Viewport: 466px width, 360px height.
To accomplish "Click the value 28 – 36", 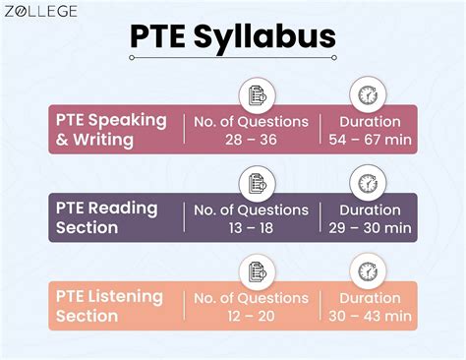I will coord(251,141).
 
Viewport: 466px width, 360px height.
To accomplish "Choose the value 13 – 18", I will coord(251,228).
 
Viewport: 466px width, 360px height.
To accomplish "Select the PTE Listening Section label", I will coord(108,306).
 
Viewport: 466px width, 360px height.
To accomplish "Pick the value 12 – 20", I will coord(251,316).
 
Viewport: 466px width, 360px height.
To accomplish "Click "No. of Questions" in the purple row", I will coord(251,210).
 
